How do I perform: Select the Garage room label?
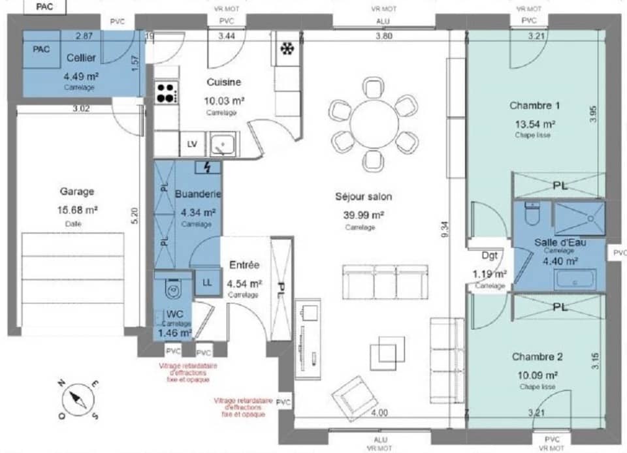click(x=76, y=192)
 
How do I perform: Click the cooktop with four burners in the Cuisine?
click(x=166, y=91)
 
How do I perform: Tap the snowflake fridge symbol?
click(x=286, y=49)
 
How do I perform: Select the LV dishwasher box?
click(x=192, y=144)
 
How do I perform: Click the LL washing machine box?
click(x=207, y=283)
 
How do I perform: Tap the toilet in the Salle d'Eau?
click(x=532, y=213)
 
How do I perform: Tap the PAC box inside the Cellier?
click(x=42, y=50)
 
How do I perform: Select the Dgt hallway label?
click(x=490, y=256)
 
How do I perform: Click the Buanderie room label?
click(x=199, y=195)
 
